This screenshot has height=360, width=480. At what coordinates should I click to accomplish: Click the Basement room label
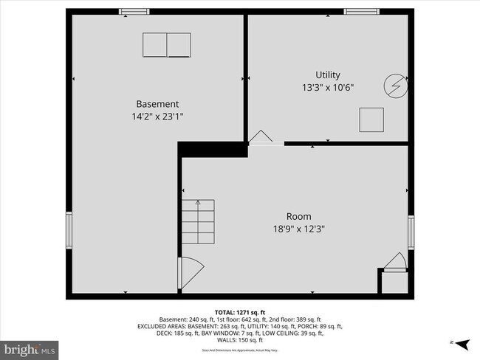tap(157, 104)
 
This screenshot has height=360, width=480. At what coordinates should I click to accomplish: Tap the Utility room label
tap(328, 75)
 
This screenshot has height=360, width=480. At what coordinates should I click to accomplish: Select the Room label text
tap(298, 216)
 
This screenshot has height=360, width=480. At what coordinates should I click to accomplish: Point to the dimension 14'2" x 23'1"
tap(157, 116)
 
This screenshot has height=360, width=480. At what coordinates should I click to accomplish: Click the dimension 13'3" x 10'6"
tap(328, 86)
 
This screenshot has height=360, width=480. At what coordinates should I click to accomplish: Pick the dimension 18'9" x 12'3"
tap(298, 228)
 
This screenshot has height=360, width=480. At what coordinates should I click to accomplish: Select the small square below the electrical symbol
tap(371, 119)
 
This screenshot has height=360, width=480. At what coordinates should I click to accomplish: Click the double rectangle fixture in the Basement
tap(166, 45)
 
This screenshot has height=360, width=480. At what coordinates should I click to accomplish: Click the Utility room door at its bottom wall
tap(261, 138)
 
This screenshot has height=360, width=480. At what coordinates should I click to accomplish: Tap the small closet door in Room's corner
tap(394, 263)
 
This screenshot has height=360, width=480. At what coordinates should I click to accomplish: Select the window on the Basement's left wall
tap(69, 230)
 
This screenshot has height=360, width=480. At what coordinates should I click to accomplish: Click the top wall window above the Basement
tap(134, 11)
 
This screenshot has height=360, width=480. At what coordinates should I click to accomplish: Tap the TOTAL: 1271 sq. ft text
tap(239, 311)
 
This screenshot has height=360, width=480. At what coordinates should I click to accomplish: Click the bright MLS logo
tap(30, 347)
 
